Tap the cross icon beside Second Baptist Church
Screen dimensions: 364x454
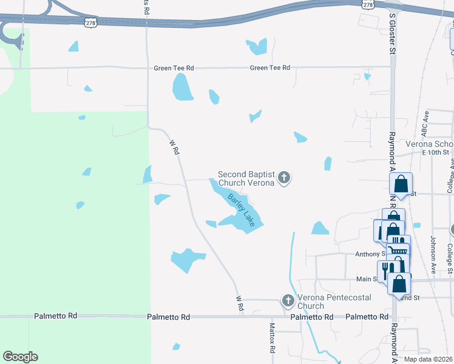coord(283,178)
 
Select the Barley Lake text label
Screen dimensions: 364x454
coord(242,207)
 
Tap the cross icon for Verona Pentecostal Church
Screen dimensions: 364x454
coord(288,300)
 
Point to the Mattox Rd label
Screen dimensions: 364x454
coord(273,339)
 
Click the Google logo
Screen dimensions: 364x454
coord(20,357)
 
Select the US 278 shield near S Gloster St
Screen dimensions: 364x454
coord(368,4)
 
